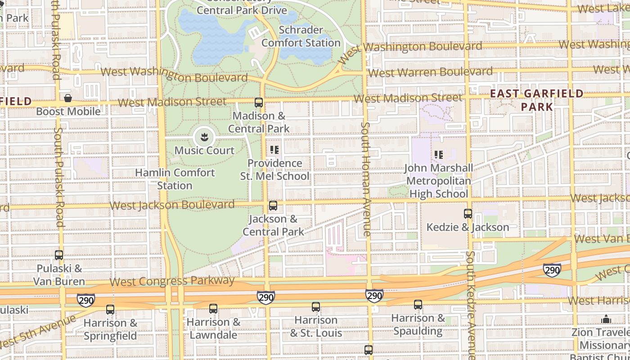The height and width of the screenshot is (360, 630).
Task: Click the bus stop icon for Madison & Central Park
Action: (x=259, y=103)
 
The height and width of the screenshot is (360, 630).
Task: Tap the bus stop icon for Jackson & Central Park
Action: (x=273, y=206)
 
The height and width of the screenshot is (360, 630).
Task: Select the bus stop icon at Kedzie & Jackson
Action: (x=468, y=214)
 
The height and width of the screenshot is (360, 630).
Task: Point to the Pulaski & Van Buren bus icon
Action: (x=59, y=255)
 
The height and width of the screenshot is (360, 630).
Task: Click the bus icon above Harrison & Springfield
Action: (x=110, y=310)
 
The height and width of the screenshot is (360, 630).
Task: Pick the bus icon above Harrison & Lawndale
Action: (x=213, y=309)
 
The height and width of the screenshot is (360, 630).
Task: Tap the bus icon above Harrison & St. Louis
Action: (x=316, y=307)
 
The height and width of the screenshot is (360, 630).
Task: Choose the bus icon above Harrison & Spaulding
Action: (x=418, y=305)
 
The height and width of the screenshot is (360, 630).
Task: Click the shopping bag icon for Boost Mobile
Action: (x=68, y=98)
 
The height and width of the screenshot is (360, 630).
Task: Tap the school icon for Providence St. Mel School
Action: (x=274, y=150)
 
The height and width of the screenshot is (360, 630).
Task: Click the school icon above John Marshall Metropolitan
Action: (x=439, y=155)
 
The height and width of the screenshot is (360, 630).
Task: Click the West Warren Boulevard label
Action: (x=430, y=72)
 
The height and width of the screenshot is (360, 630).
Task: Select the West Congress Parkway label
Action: (x=172, y=281)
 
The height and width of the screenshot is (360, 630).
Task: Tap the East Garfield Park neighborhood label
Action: (x=536, y=100)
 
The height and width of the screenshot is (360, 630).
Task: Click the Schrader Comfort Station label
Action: (x=301, y=36)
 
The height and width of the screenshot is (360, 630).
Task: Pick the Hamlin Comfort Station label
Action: (x=175, y=179)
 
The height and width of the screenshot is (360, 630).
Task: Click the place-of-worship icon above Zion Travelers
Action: (x=606, y=319)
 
